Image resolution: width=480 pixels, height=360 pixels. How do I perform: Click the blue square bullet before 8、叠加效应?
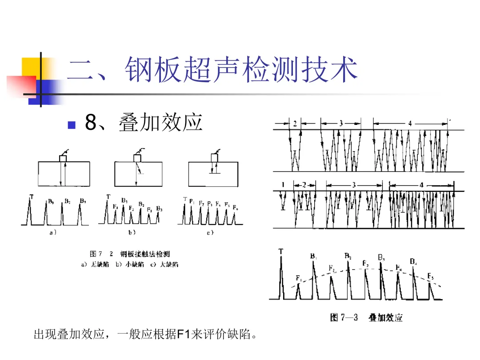pos(71,124)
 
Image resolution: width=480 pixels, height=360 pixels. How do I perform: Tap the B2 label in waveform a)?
pos(67,201)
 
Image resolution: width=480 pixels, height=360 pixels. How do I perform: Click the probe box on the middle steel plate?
pos(137,158)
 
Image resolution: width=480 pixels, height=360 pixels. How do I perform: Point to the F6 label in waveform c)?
pos(236,206)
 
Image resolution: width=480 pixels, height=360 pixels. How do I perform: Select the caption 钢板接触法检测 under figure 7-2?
pos(145,254)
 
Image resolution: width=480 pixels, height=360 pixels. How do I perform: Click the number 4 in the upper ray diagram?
pos(410,123)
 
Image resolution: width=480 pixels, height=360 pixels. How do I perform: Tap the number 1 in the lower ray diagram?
pos(282,184)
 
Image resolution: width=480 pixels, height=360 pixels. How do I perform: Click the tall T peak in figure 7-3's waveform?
pos(281,276)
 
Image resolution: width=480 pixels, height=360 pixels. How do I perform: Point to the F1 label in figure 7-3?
pos(299,278)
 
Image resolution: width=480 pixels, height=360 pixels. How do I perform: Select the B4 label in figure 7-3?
pos(413,261)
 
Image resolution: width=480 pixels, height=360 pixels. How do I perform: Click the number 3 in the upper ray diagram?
pos(341,123)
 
